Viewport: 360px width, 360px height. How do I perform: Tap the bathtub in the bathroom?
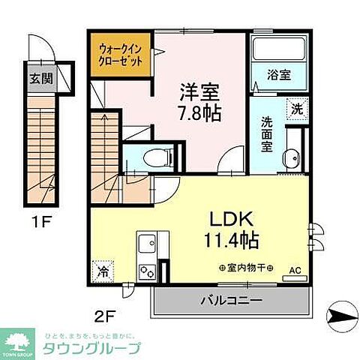point(279,49)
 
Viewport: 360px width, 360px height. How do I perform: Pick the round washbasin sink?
point(290,158)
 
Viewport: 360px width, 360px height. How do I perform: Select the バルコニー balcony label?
point(230,301)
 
